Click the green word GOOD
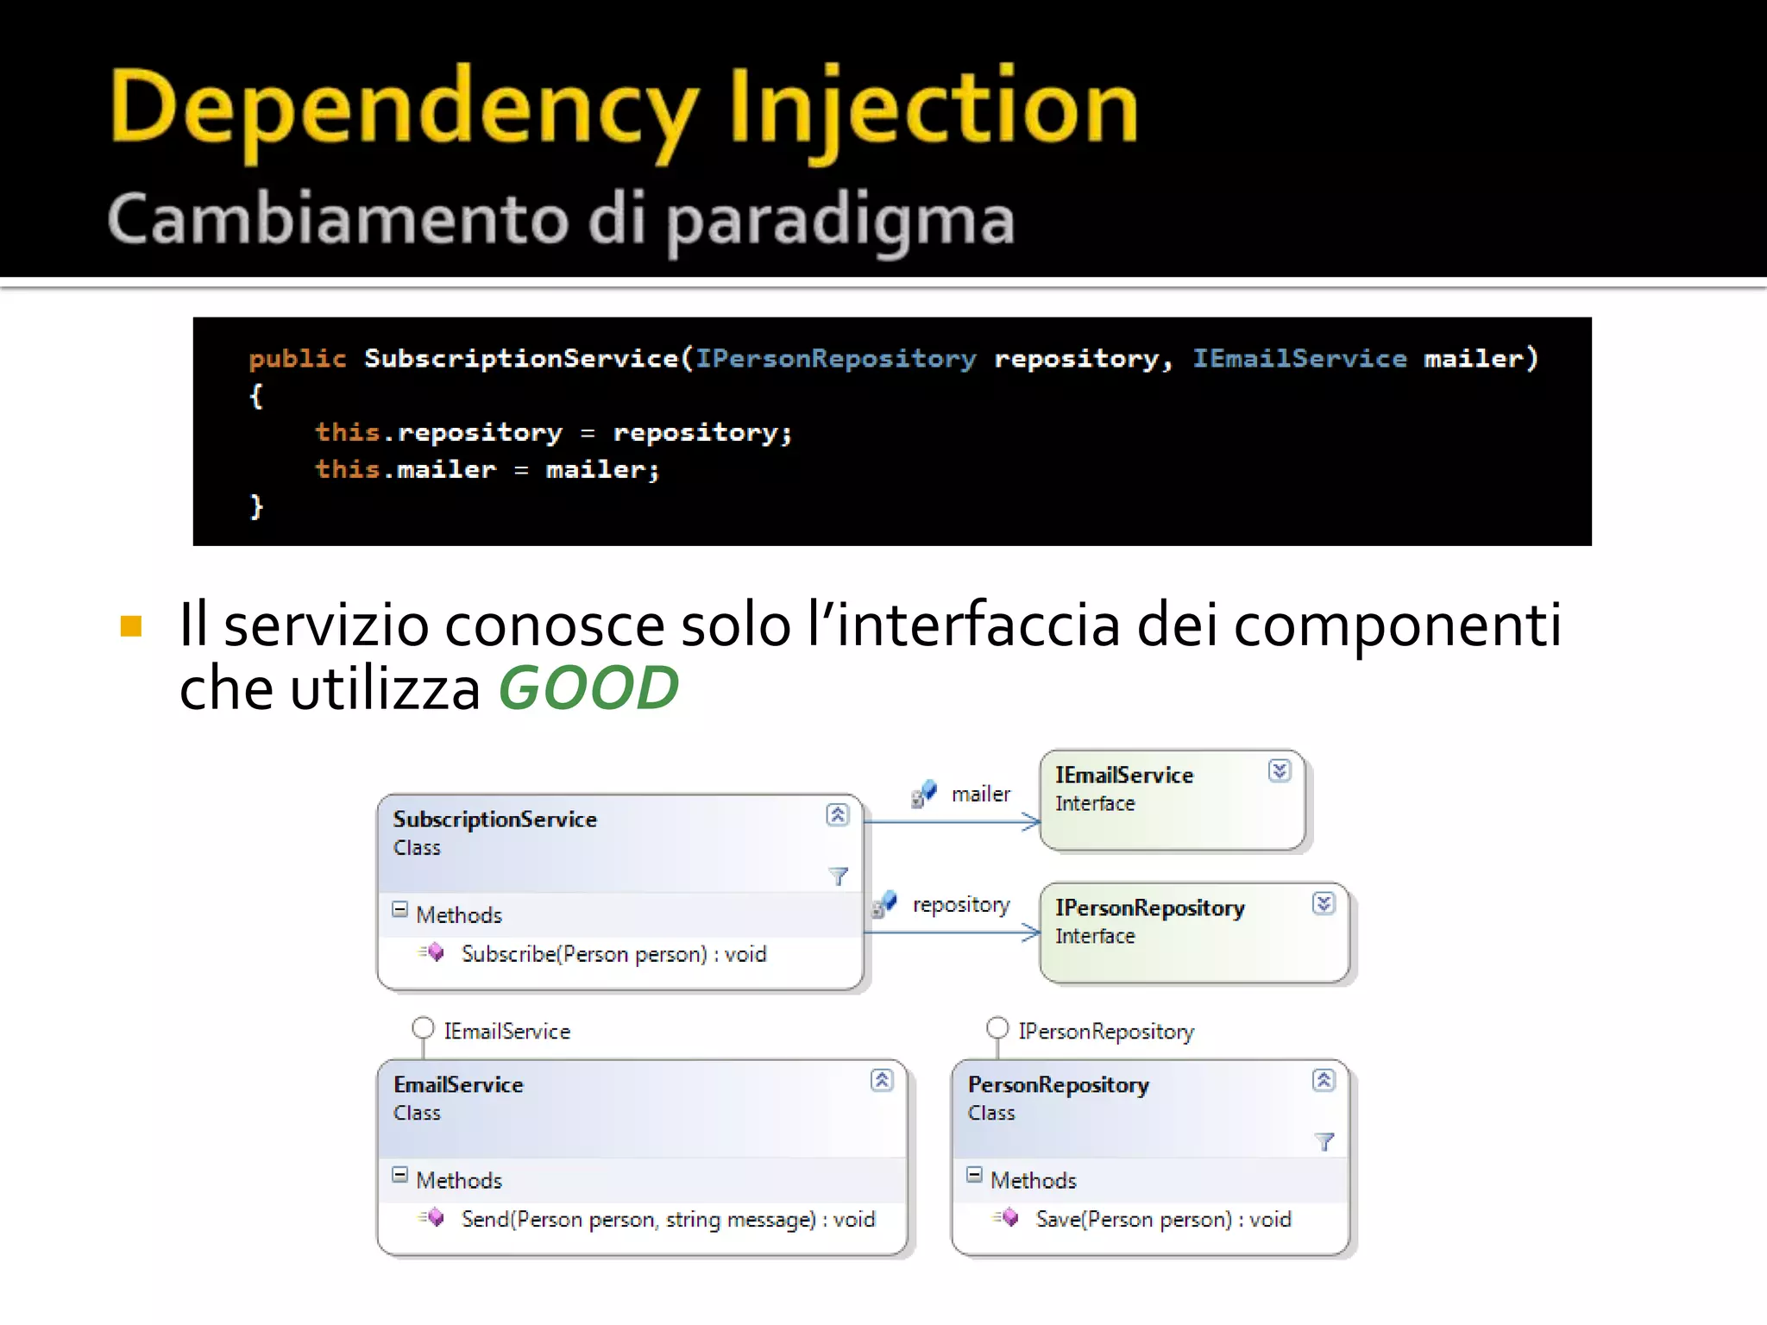point(588,689)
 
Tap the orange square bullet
point(131,625)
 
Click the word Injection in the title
point(934,109)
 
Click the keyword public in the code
point(297,358)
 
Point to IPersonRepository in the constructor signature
point(835,358)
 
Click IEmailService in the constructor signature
point(1299,358)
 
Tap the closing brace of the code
point(256,506)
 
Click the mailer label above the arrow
point(980,794)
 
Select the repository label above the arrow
point(961,904)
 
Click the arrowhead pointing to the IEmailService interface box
point(1031,822)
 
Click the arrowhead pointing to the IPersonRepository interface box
point(1031,933)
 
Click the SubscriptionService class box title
point(494,819)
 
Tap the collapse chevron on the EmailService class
point(882,1080)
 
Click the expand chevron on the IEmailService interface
point(1280,770)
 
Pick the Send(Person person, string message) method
point(668,1219)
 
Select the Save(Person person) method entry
point(1163,1219)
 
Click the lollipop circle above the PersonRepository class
point(997,1028)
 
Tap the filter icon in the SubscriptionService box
point(838,876)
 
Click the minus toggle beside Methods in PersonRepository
point(974,1175)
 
